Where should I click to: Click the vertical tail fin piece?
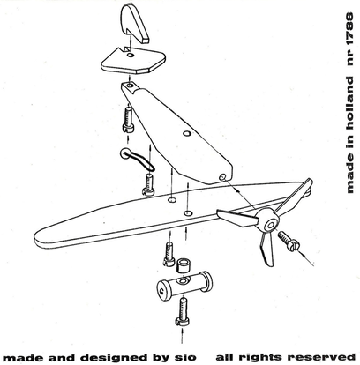(134, 23)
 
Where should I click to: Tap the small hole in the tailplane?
(131, 55)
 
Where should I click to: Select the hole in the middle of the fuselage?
(186, 134)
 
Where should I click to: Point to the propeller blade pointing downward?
(266, 249)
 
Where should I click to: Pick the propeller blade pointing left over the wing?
(237, 218)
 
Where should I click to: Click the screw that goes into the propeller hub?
(289, 241)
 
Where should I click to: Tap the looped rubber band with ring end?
(137, 159)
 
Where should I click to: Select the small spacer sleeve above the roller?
(183, 265)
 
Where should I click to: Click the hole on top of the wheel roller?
(183, 281)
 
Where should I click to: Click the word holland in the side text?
(349, 104)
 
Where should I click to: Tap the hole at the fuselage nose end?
(222, 176)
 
